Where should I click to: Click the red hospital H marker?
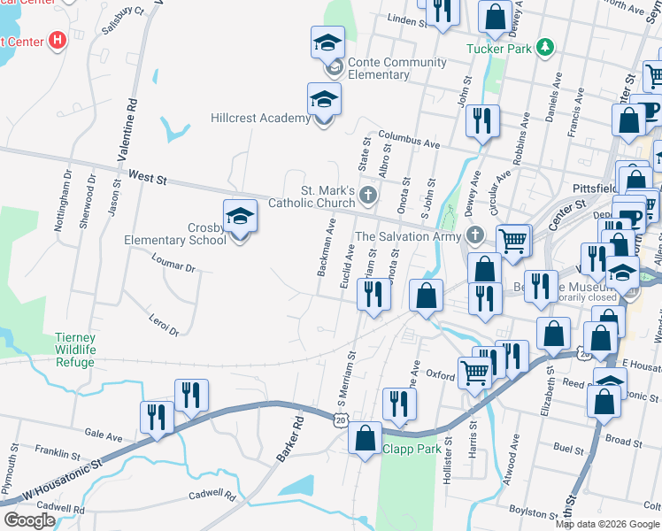point(58,40)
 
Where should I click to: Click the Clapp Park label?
point(412,449)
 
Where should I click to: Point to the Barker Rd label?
point(289,438)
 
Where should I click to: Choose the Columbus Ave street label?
point(409,141)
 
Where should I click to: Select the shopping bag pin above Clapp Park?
point(365,437)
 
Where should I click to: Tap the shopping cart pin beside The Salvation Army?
point(513,241)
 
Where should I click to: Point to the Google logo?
point(28,520)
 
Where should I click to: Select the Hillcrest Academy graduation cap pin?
point(325,100)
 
